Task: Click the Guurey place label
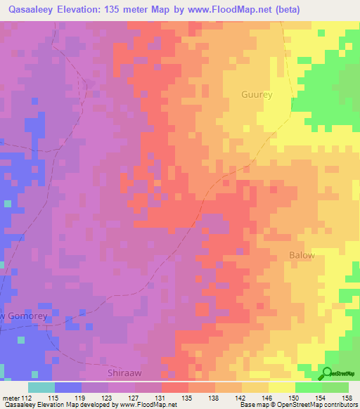point(256,93)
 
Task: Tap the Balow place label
point(302,255)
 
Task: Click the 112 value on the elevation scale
point(27,397)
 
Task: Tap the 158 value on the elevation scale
point(347,397)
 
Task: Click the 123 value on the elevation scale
point(106,397)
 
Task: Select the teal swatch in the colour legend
point(41,387)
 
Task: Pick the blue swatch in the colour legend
point(68,387)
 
